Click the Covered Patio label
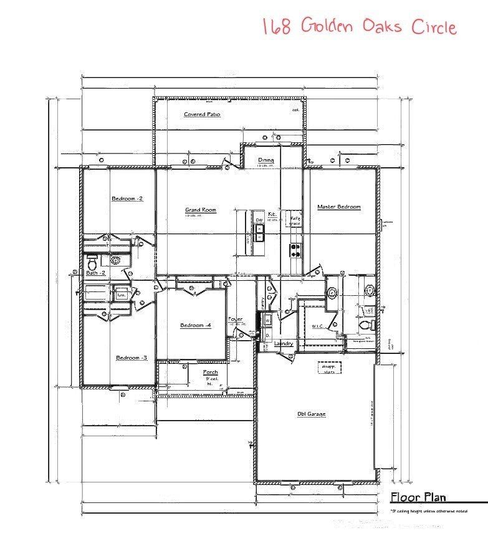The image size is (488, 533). pos(202,115)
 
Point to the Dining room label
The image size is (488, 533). pos(266,160)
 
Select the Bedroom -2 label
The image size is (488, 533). pos(127,198)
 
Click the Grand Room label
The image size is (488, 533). pos(201,210)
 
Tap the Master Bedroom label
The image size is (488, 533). pos(338,207)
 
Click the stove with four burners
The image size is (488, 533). pos(295,250)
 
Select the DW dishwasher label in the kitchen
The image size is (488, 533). pos(259,220)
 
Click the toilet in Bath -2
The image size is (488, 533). pos(92,259)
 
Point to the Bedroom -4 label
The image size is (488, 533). pos(191,325)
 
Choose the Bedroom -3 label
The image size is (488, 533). pos(132,358)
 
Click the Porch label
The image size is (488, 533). pos(211,373)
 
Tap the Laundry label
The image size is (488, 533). pos(284,344)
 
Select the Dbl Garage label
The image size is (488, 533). pos(312,414)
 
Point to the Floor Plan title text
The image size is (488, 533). pos(418,497)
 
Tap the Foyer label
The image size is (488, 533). pos(236,319)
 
